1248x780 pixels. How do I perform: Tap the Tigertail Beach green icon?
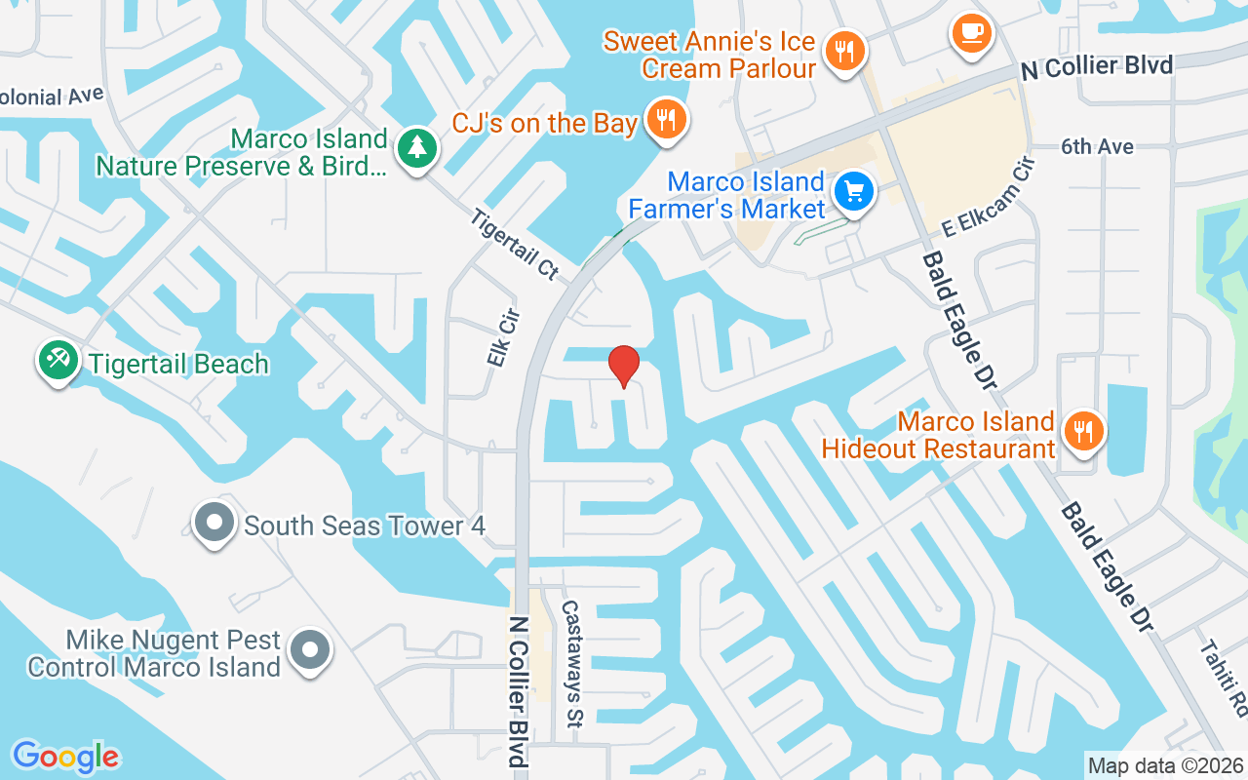(x=58, y=361)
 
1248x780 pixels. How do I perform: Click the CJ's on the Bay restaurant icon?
(x=667, y=120)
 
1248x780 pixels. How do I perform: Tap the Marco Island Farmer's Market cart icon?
(x=855, y=190)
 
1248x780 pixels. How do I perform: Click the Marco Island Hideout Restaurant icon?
(x=1082, y=429)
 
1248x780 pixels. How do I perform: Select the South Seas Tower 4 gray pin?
(x=214, y=524)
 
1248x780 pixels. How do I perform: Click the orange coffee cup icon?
(x=970, y=32)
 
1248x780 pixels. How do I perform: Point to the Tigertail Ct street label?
(x=514, y=245)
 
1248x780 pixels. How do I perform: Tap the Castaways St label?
(x=572, y=663)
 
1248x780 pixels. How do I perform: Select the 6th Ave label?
(x=1097, y=146)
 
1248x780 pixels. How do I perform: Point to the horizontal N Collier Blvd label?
(x=1097, y=67)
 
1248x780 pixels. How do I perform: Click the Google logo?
(x=65, y=757)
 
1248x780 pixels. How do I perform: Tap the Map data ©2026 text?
(x=1165, y=765)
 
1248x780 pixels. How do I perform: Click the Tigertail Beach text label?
(x=178, y=364)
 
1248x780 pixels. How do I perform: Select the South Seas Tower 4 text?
(x=364, y=526)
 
